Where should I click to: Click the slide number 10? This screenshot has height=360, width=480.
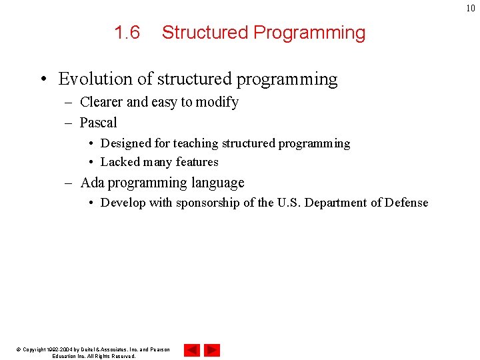click(471, 8)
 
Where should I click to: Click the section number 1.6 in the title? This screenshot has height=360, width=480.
click(127, 33)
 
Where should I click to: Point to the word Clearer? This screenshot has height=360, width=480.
click(101, 102)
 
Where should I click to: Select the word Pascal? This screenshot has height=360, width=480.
click(98, 123)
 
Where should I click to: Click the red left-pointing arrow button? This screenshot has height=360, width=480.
click(192, 350)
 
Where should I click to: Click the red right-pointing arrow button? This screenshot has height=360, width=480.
click(212, 350)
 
